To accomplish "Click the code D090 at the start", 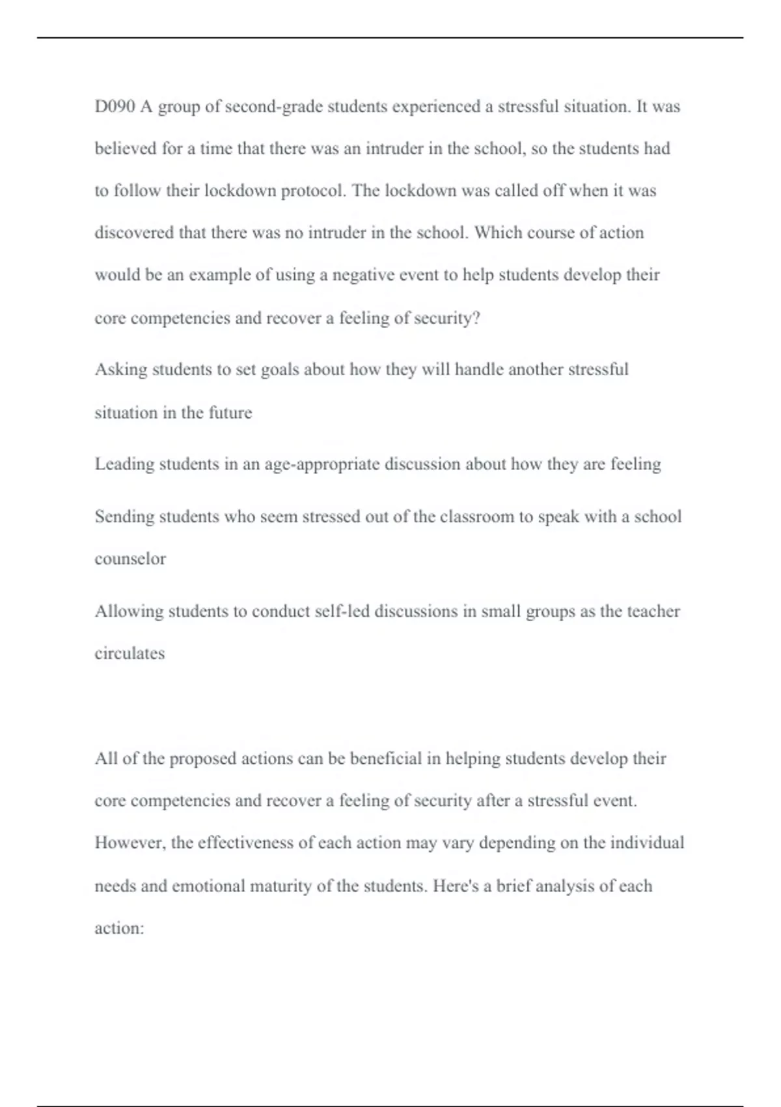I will [x=115, y=106].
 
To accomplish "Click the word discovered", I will [x=134, y=232].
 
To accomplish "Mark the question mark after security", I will [x=476, y=318].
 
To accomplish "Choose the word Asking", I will [x=121, y=370].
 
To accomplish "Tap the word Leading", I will [x=124, y=464].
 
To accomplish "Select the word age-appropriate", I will [x=322, y=464].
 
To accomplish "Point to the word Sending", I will [x=124, y=516].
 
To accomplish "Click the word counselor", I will [x=130, y=559].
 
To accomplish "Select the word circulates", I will [x=130, y=653].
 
